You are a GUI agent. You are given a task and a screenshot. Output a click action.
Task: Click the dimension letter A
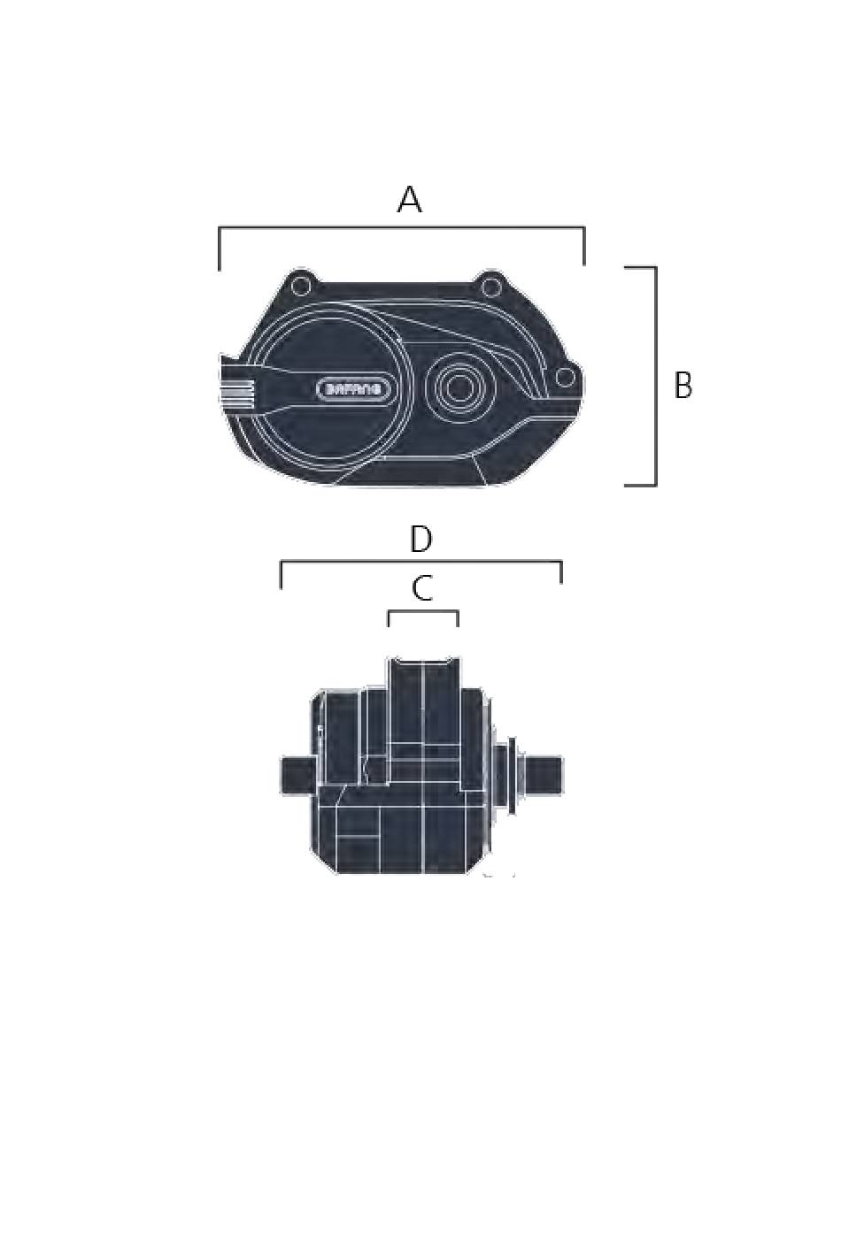pyautogui.click(x=409, y=200)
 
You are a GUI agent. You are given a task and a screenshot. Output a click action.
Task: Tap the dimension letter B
pyautogui.click(x=683, y=386)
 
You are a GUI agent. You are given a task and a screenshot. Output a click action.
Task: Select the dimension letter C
pyautogui.click(x=422, y=589)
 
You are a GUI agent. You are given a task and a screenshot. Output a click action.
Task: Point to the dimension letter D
pyautogui.click(x=420, y=540)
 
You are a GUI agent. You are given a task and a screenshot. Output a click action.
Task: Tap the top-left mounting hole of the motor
pyautogui.click(x=301, y=286)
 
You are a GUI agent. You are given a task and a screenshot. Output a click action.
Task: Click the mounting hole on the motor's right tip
pyautogui.click(x=567, y=378)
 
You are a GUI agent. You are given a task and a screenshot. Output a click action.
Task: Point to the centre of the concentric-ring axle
pyautogui.click(x=459, y=388)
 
